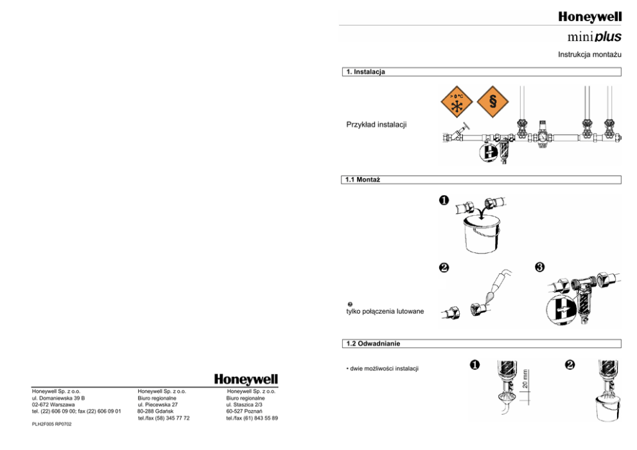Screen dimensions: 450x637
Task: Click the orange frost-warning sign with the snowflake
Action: click(456, 102)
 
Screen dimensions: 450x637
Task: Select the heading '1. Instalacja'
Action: click(365, 72)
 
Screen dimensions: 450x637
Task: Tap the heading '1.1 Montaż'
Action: click(363, 180)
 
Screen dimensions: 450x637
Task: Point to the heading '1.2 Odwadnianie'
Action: click(373, 344)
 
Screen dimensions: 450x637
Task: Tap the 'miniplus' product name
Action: click(593, 37)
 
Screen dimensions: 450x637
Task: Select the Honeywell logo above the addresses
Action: click(246, 379)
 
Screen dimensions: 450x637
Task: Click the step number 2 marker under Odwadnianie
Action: click(570, 365)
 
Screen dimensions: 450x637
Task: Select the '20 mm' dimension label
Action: click(525, 378)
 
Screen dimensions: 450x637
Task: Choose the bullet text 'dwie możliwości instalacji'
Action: click(382, 368)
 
